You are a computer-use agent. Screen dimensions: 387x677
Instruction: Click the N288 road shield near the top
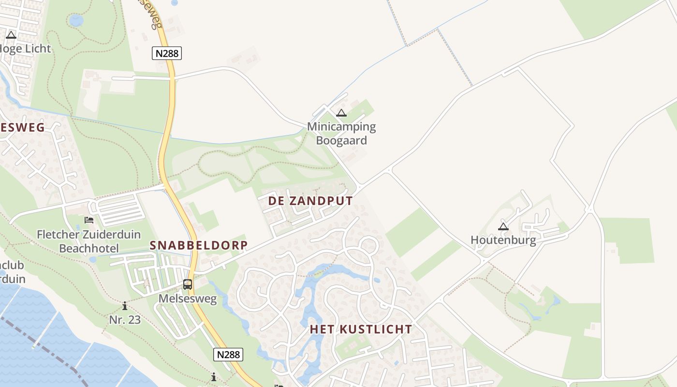167,53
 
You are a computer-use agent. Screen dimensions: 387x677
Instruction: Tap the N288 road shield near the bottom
228,355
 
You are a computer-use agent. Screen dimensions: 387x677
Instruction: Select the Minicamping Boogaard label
341,134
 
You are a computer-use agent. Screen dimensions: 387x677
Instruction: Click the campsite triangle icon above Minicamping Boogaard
341,113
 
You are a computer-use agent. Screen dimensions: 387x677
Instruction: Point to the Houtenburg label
503,240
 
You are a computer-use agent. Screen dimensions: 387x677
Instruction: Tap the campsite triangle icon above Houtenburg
503,226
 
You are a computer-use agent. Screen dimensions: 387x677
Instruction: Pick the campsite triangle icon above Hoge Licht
11,35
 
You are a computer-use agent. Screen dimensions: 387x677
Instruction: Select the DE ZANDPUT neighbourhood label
310,201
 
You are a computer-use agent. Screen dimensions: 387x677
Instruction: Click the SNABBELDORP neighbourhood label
199,245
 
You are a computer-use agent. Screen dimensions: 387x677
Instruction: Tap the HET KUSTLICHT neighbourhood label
361,329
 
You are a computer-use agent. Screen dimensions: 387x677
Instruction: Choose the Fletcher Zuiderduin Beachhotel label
89,241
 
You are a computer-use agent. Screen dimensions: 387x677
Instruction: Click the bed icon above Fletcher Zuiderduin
89,220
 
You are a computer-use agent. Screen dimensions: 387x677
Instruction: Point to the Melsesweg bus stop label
188,299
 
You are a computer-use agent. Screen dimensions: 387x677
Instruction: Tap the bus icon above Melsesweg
188,284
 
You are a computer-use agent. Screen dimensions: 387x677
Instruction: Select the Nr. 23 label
125,320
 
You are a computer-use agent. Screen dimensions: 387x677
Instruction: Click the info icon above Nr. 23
125,306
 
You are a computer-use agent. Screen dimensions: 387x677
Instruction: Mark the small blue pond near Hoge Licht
76,20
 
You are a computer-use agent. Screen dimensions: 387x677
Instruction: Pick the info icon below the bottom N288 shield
213,377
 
